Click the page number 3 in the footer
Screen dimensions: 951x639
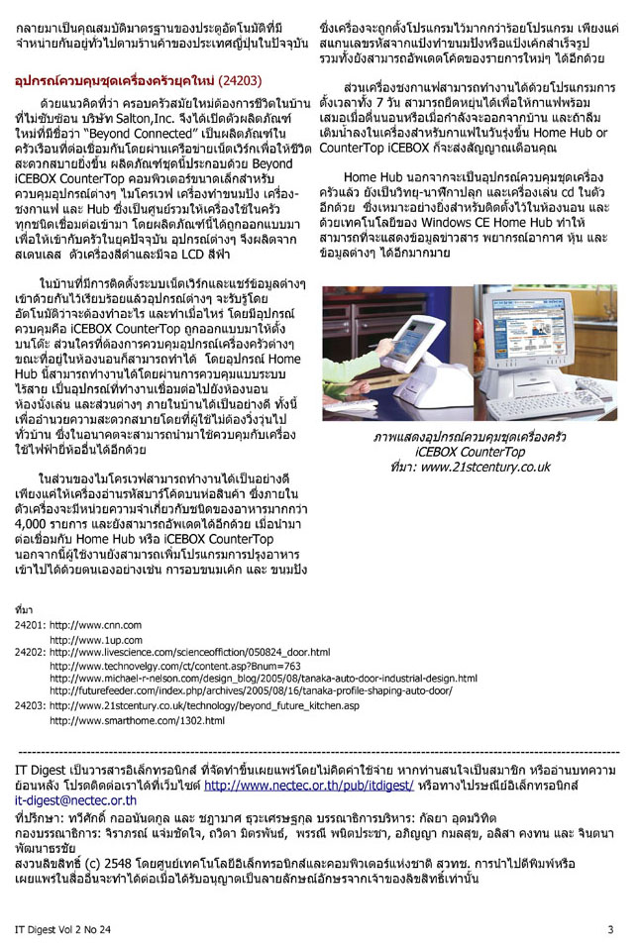click(610, 929)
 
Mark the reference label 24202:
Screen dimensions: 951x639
click(31, 653)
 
